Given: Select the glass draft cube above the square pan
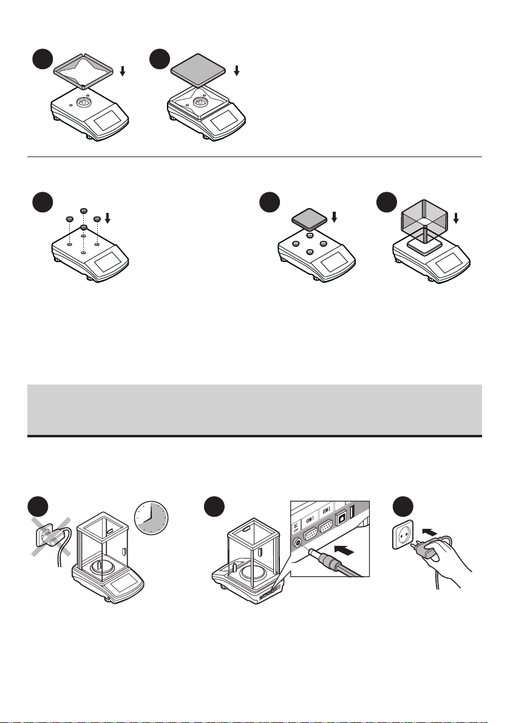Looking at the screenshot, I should click(424, 220).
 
